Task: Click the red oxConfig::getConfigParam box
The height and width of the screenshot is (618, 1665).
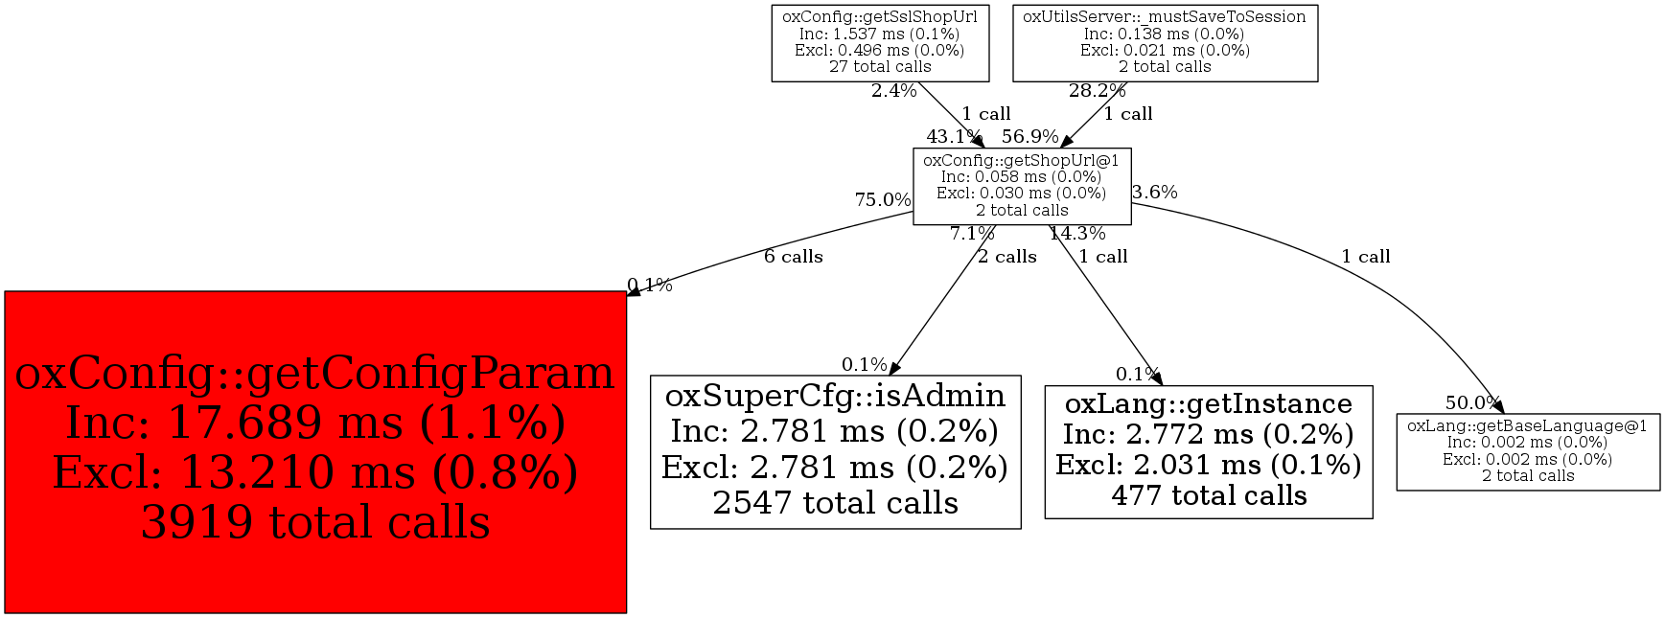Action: coord(315,451)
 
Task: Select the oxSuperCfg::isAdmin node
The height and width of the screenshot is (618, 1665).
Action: coord(835,451)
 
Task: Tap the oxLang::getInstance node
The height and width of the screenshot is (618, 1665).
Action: coord(1208,451)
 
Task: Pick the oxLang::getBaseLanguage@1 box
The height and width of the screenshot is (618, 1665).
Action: coord(1527,451)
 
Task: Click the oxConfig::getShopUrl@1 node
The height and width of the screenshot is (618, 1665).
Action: coord(1021,186)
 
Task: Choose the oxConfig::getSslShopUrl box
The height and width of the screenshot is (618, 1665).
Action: coord(880,42)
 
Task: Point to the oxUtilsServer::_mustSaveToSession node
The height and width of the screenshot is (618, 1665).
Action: coord(1165,42)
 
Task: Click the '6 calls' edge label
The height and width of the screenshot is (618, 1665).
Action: coord(793,257)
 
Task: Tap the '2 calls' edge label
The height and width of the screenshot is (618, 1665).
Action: coord(1006,257)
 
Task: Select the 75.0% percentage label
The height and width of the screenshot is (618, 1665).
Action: coord(882,200)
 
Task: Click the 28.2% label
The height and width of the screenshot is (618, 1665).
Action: coord(1097,91)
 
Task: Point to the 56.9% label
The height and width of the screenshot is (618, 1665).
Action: coord(1029,137)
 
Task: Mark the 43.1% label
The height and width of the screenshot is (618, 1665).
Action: coord(954,137)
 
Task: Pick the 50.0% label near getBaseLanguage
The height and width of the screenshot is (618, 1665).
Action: coord(1472,403)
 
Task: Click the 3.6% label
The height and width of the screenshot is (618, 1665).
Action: coord(1154,193)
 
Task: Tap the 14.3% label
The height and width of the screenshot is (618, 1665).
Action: coord(1076,234)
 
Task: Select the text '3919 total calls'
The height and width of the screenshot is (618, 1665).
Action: coord(315,523)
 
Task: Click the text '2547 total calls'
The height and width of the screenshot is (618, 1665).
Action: coord(835,503)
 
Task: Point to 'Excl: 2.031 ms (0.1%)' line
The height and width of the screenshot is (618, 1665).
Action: coord(1208,466)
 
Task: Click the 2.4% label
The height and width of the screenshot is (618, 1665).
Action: coord(893,92)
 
